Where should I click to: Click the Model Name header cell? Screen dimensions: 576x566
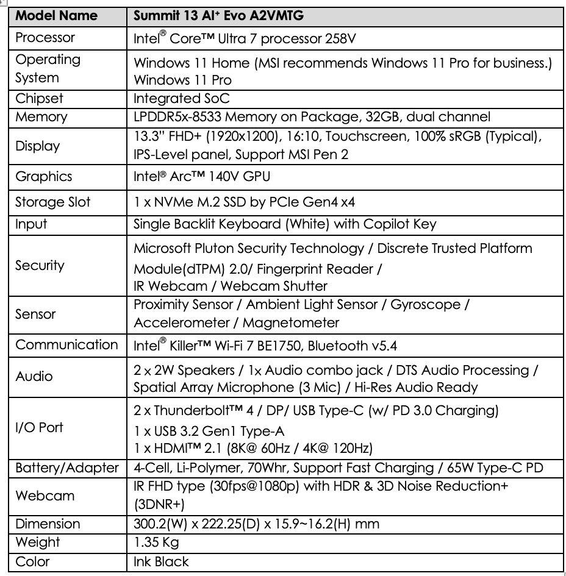(56, 15)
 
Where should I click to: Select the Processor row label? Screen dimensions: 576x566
(45, 38)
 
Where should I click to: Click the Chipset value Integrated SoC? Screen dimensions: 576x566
(182, 99)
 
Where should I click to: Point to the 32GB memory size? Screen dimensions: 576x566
(389, 116)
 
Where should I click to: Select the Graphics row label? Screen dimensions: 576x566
(43, 177)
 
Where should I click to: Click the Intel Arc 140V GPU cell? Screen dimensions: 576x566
(202, 177)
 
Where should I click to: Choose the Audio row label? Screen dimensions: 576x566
(34, 376)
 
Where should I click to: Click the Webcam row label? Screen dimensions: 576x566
(45, 496)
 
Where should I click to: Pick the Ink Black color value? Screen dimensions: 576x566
(161, 561)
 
